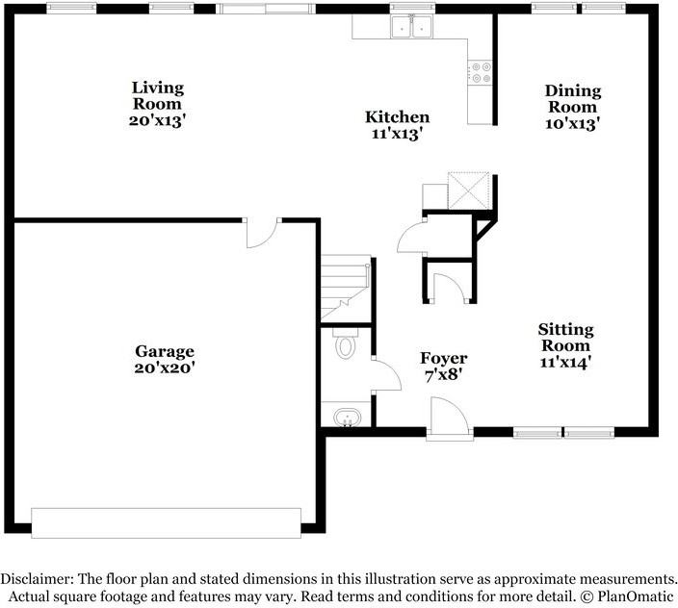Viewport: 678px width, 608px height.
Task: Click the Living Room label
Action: click(x=157, y=95)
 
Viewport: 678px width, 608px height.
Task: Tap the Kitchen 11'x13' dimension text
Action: click(x=397, y=135)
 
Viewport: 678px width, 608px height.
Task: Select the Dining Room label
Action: click(x=574, y=99)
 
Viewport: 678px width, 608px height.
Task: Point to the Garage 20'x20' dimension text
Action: click(x=165, y=367)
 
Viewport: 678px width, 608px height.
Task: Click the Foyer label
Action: click(x=444, y=358)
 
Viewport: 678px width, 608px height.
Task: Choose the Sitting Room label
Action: click(x=565, y=338)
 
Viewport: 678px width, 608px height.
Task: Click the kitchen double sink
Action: click(x=411, y=27)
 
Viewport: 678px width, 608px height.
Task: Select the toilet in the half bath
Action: click(x=344, y=345)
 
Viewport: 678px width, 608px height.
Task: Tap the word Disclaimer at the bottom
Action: click(x=35, y=579)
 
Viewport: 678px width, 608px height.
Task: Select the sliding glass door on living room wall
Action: click(x=265, y=9)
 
